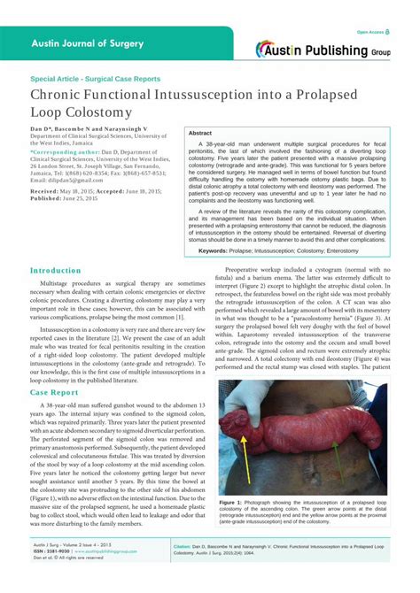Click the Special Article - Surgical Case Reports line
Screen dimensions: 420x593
pyautogui.click(x=96, y=78)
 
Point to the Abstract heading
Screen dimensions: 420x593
pyautogui.click(x=200, y=132)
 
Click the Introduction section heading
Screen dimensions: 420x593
pyautogui.click(x=56, y=270)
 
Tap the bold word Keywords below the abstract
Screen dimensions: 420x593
pyautogui.click(x=219, y=250)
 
